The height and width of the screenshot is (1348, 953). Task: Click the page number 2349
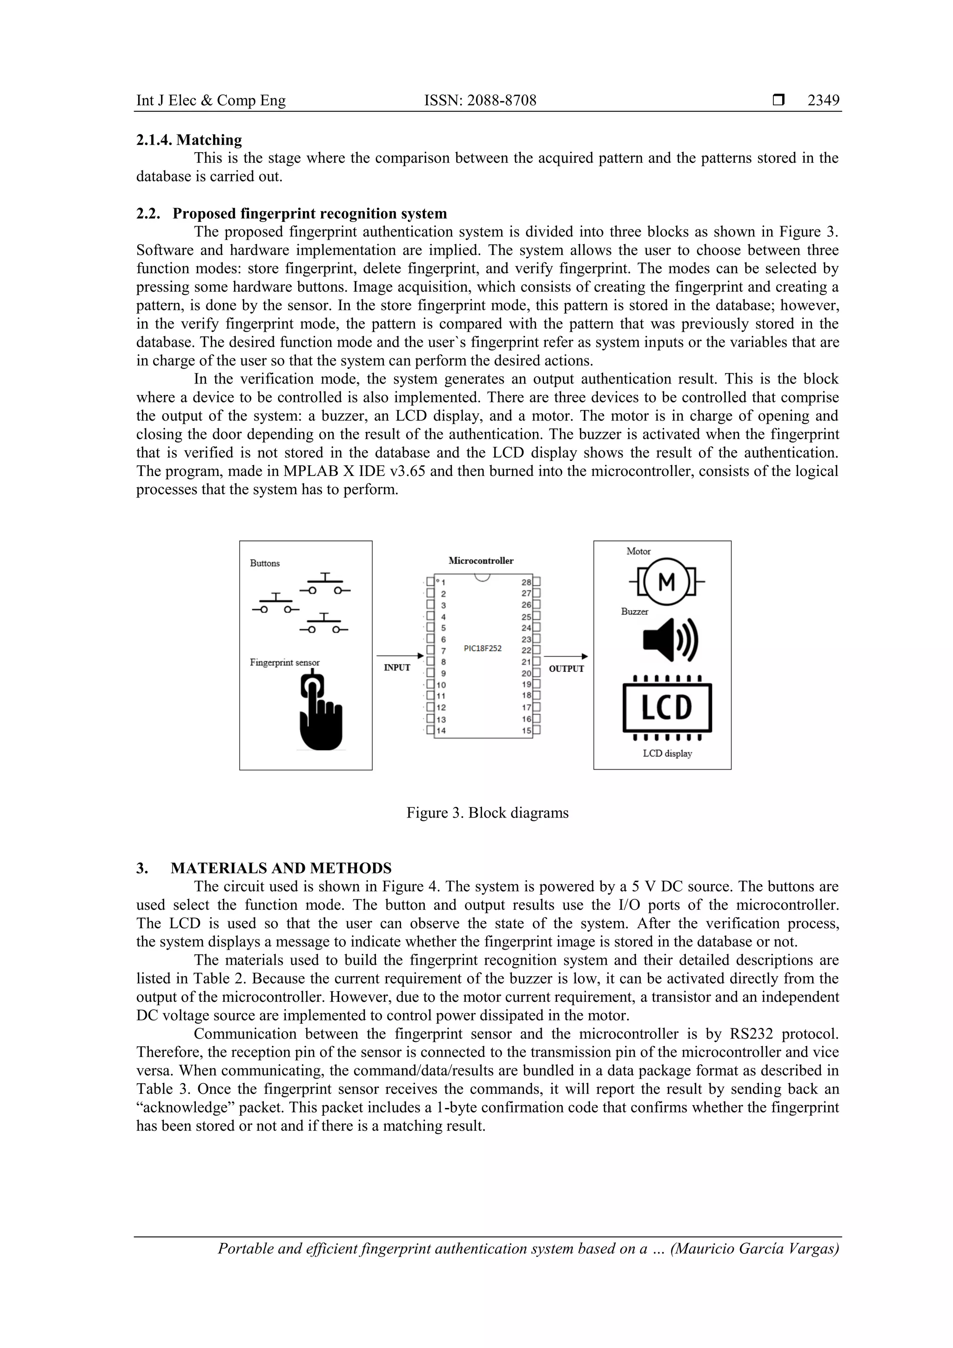tap(823, 101)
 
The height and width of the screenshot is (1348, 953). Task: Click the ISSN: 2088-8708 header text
tap(480, 101)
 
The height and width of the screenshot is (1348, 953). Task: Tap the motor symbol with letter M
tap(666, 581)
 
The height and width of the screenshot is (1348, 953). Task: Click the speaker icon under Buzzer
tap(670, 639)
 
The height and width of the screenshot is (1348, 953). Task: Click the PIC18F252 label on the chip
tap(483, 649)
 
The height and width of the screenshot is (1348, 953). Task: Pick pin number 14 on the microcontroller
tap(441, 731)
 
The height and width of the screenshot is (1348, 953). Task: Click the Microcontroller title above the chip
tap(481, 561)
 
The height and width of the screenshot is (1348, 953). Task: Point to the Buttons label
tap(265, 563)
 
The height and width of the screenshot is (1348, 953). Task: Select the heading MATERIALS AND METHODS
tap(281, 868)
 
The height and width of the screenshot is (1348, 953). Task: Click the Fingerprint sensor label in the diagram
tap(285, 662)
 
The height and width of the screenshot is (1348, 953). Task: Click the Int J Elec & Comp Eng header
tap(211, 101)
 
